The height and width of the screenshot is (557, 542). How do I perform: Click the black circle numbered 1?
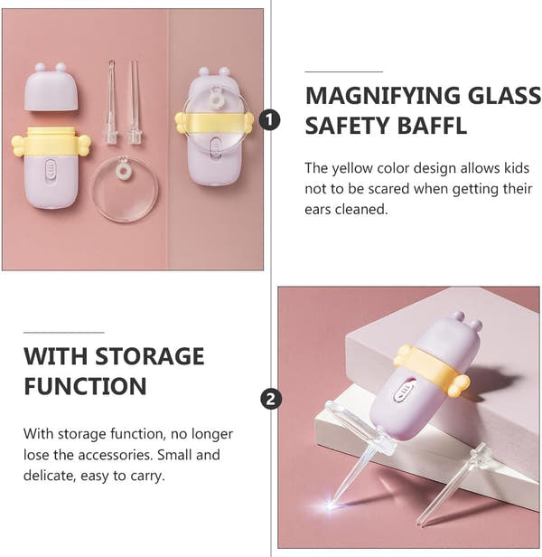pos(269,119)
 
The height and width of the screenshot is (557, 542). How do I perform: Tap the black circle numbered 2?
pos(269,399)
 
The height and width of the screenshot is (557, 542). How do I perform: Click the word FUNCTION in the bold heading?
pos(85,386)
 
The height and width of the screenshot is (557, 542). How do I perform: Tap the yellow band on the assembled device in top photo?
pos(215,121)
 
